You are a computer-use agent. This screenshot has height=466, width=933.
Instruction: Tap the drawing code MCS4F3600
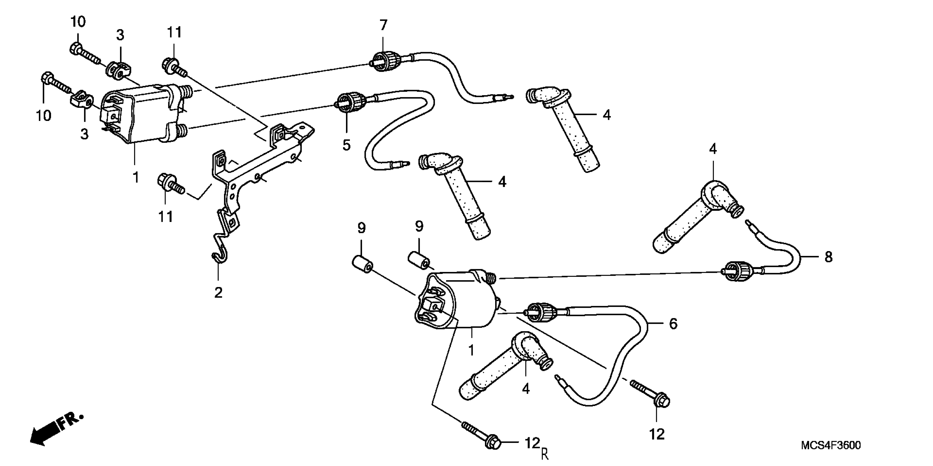pos(830,445)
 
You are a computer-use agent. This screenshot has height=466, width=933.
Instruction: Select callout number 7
pos(383,25)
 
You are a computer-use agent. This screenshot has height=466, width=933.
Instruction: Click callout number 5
pos(347,145)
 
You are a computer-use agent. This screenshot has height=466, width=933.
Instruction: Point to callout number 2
pos(218,292)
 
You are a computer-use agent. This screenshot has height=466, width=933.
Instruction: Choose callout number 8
pos(828,257)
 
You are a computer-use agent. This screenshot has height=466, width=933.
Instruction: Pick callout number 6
pos(673,324)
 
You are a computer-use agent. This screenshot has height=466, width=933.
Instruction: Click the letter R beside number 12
pos(545,454)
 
